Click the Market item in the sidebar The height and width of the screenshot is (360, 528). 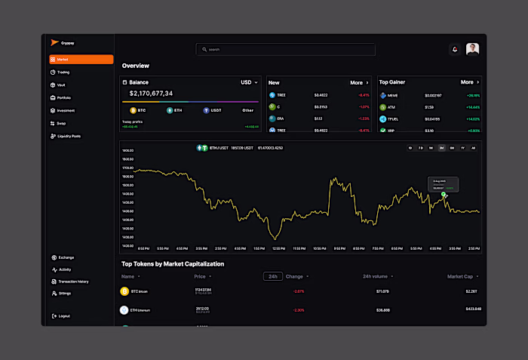(80, 59)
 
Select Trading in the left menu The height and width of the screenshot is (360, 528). (63, 72)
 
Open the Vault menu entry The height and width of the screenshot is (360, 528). (61, 85)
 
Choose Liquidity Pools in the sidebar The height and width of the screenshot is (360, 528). (69, 136)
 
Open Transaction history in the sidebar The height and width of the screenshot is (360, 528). (72, 281)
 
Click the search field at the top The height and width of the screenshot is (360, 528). (285, 49)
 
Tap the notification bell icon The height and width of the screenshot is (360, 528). (455, 49)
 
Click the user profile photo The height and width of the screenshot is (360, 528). (472, 49)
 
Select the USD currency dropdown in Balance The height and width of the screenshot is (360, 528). (249, 82)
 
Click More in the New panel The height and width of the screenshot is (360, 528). (359, 82)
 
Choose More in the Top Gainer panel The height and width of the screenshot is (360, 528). (470, 82)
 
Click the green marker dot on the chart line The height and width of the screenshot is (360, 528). (444, 195)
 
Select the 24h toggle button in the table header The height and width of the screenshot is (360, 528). (272, 276)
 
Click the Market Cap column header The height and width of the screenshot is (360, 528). (461, 276)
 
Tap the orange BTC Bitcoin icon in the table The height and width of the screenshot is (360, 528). (124, 291)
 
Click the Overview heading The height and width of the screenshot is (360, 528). (136, 66)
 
